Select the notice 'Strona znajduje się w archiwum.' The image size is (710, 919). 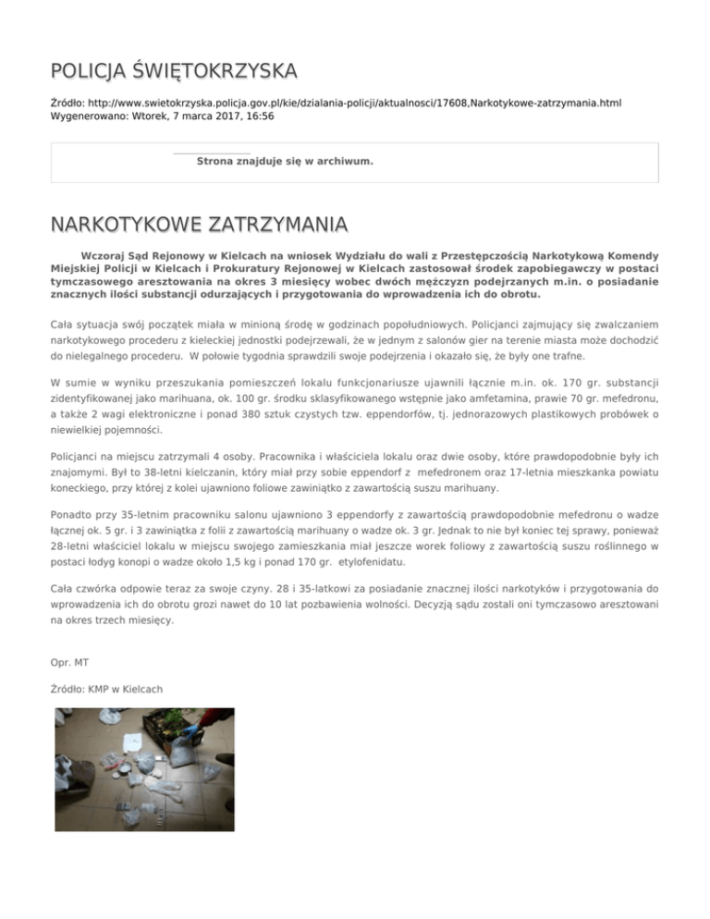tap(285, 161)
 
